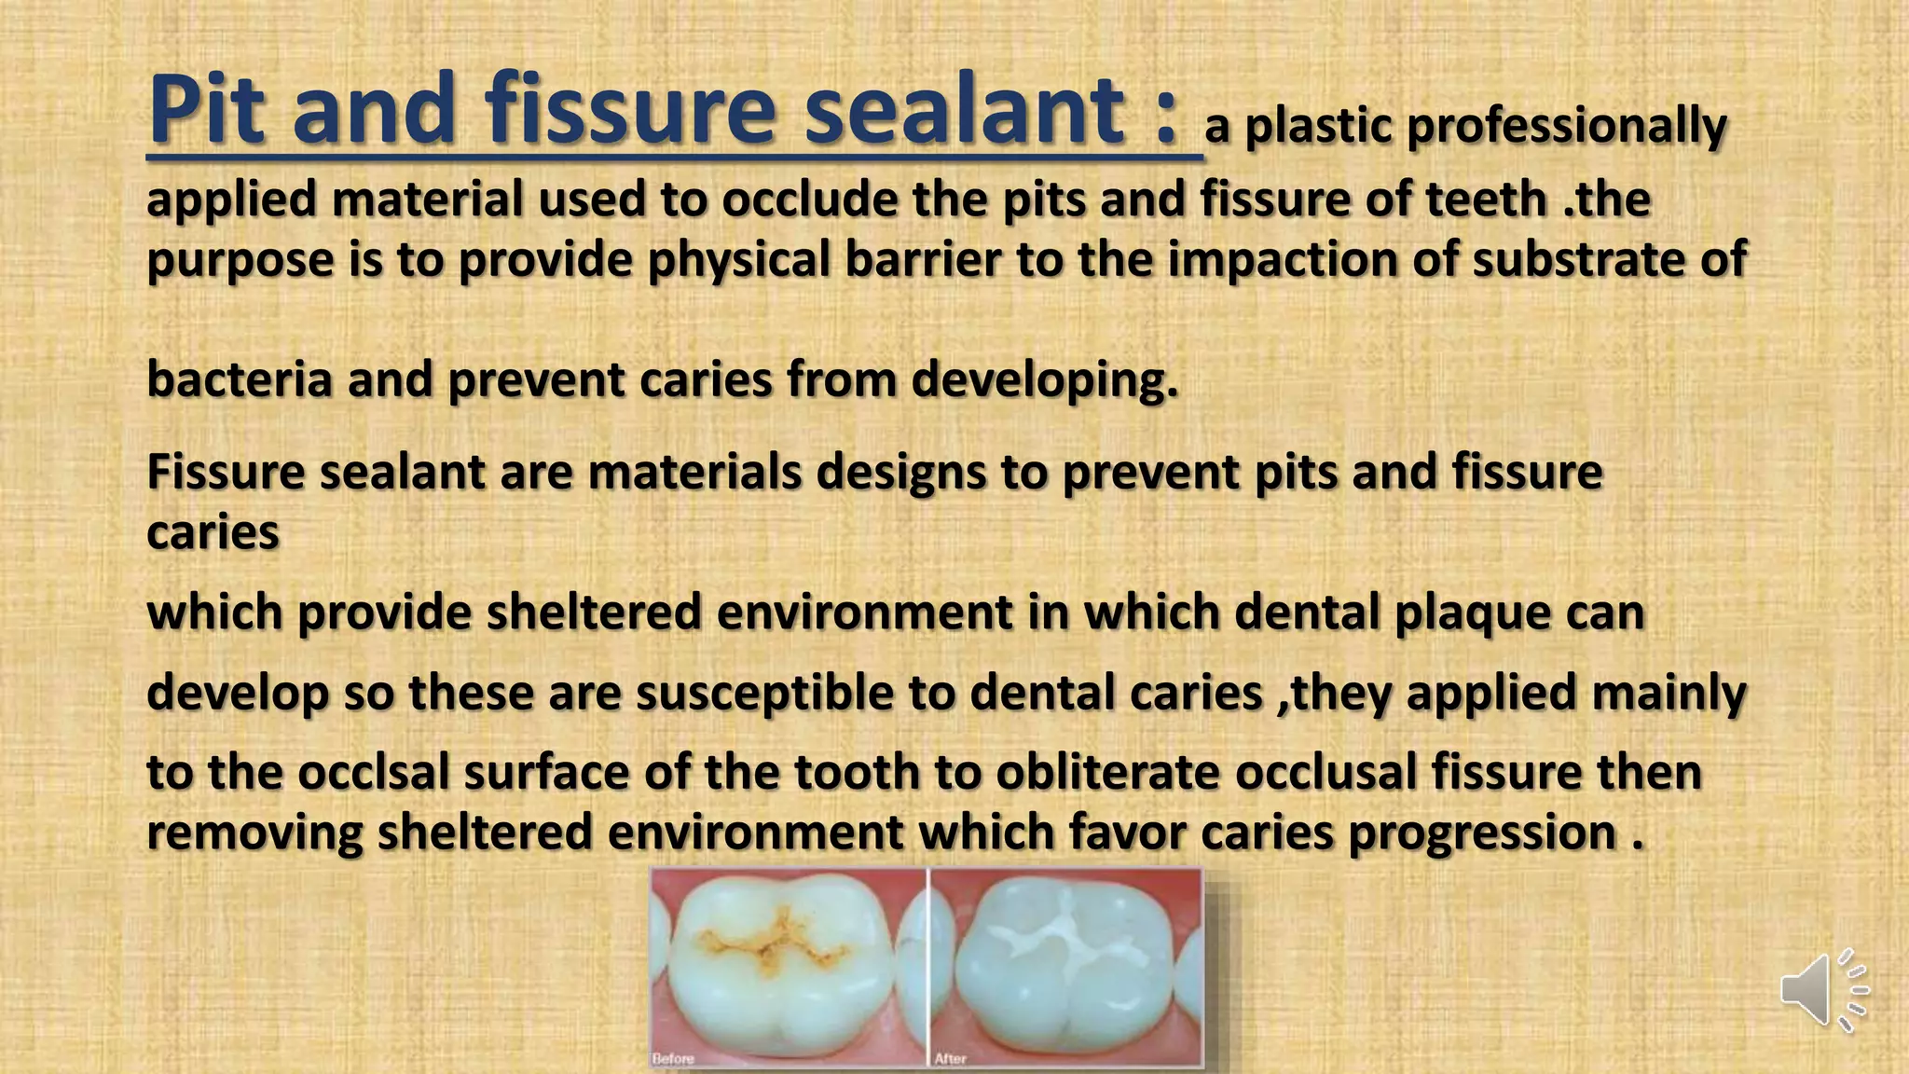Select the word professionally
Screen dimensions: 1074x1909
1567,127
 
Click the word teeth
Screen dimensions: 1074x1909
1487,200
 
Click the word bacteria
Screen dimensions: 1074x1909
240,379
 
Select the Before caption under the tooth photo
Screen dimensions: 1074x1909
673,1058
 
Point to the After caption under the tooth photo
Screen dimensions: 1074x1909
951,1058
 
